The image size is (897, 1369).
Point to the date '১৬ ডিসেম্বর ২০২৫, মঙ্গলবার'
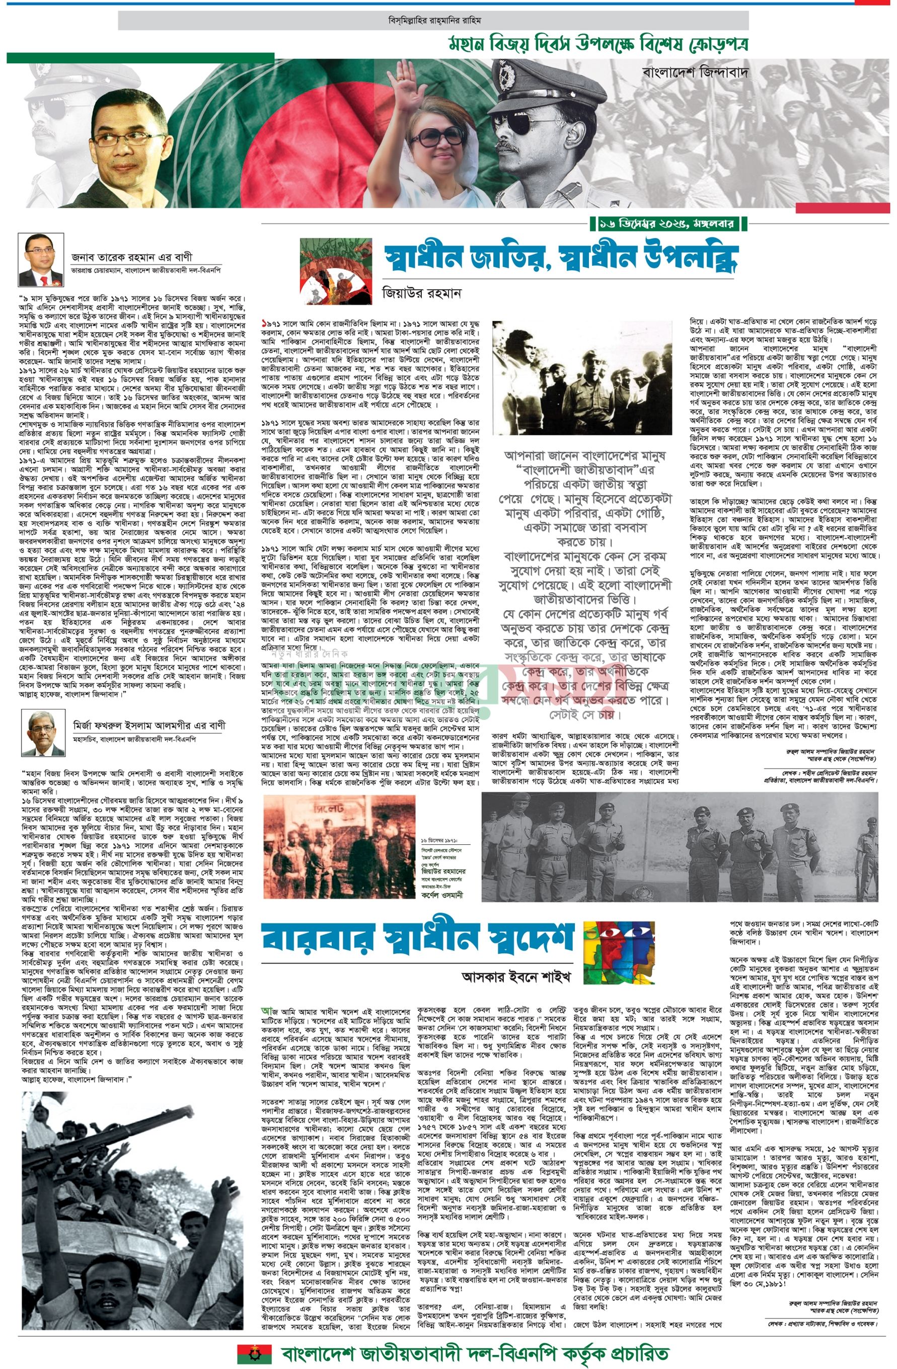[669, 222]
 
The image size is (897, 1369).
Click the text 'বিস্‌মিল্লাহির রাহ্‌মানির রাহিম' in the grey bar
[434, 20]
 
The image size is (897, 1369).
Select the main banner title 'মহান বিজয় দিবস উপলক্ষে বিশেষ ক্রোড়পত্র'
[596, 44]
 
